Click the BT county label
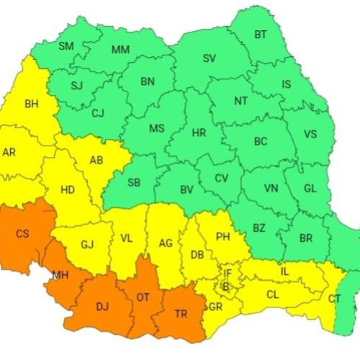[261, 35]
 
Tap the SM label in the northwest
[66, 47]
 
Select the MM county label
[120, 50]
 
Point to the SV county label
[210, 58]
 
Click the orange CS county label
[22, 233]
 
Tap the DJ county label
[103, 307]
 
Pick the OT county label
[143, 297]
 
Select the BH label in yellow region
[32, 104]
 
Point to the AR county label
[9, 153]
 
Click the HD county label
[68, 190]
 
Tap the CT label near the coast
[335, 299]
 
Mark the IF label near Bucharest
[228, 274]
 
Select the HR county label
[199, 133]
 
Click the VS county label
[310, 134]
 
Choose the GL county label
[310, 189]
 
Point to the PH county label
[222, 236]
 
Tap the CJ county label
[97, 112]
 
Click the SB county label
[134, 182]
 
